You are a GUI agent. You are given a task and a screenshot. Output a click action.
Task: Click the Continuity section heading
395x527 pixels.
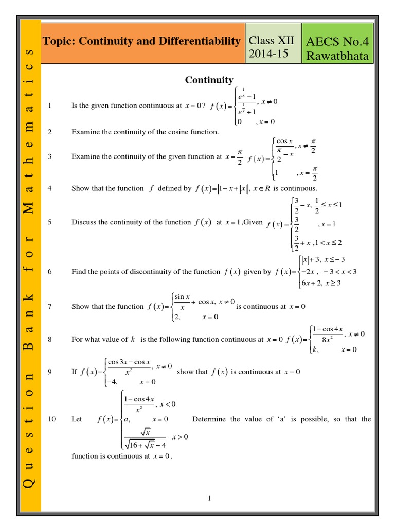point(209,80)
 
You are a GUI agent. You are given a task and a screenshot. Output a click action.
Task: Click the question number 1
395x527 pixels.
point(50,106)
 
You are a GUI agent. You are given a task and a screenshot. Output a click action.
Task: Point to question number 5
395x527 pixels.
point(50,222)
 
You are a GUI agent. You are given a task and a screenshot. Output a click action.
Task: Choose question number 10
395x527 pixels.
point(51,419)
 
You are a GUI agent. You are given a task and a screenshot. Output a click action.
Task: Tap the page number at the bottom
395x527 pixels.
point(209,498)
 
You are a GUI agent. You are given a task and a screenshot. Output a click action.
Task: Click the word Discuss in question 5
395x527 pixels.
point(83,222)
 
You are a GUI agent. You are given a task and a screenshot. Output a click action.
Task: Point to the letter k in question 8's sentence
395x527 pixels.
point(133,340)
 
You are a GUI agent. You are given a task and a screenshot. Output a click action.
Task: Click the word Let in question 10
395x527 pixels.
point(77,419)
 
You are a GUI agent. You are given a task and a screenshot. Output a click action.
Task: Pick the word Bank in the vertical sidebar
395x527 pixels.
point(29,320)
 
